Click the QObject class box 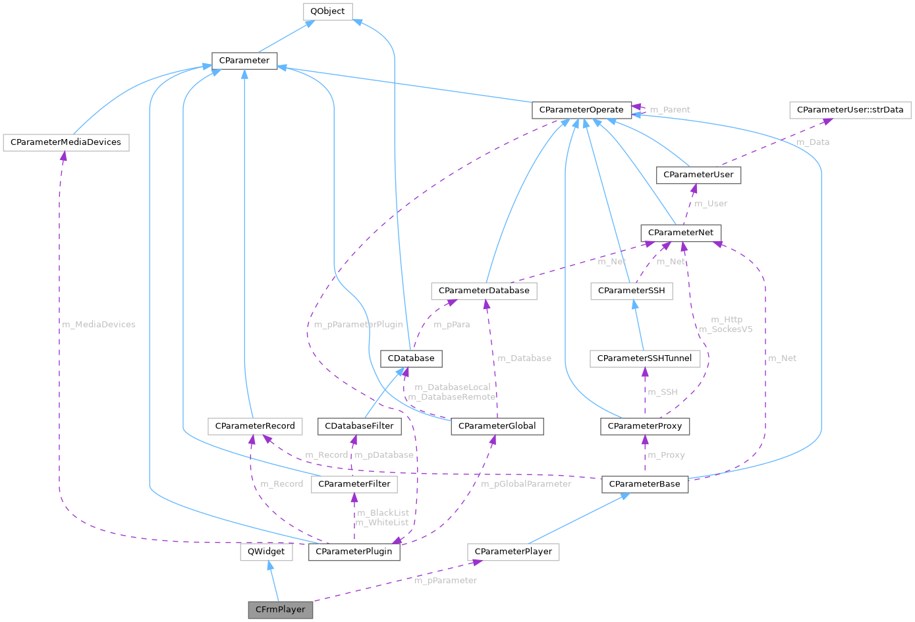(328, 12)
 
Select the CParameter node (244, 60)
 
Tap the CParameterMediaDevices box (66, 142)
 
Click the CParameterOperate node (581, 110)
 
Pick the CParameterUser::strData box (850, 109)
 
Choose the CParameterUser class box (698, 175)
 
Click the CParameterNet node (681, 233)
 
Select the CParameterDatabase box (484, 291)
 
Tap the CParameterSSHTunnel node (644, 358)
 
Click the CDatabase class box (411, 358)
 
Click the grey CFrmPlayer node (281, 609)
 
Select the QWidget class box (266, 551)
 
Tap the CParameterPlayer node (513, 551)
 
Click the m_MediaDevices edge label (99, 324)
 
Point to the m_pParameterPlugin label (358, 324)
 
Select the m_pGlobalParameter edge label (526, 484)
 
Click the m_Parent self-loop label (670, 109)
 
